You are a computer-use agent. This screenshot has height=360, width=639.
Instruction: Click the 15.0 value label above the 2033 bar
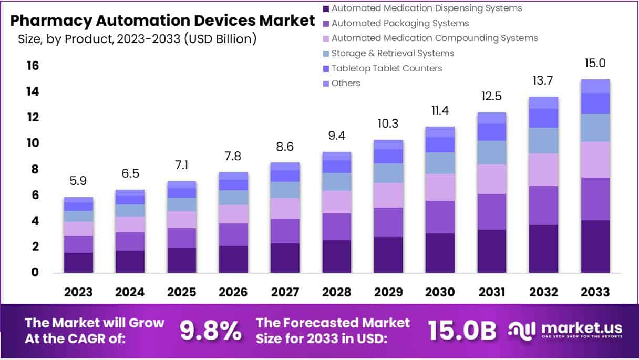pos(595,64)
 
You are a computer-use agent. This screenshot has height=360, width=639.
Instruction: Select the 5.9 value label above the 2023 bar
pos(78,181)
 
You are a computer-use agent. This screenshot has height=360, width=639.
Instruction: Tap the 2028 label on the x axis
pos(336,292)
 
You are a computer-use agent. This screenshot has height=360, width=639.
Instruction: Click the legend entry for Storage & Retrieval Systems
pos(393,53)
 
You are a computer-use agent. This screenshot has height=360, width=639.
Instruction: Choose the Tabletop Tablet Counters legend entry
pos(387,68)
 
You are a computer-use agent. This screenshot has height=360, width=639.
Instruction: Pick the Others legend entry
pos(346,83)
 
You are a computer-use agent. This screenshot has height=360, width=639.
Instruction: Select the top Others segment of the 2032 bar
pos(543,102)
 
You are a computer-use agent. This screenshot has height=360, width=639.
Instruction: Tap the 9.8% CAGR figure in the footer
pos(211,330)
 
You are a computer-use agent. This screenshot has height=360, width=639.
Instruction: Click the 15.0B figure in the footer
pos(462,330)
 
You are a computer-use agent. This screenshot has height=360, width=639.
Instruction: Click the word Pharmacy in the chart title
pos(49,21)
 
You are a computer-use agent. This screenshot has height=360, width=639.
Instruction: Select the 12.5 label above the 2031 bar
pos(492,96)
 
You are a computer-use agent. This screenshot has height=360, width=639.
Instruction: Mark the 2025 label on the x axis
pos(182,292)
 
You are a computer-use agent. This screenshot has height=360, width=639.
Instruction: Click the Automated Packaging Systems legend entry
pos(400,23)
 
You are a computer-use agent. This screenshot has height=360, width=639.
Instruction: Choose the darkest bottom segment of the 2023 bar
pos(78,262)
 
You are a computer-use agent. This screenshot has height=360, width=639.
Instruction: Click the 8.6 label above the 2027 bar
pos(285,147)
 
